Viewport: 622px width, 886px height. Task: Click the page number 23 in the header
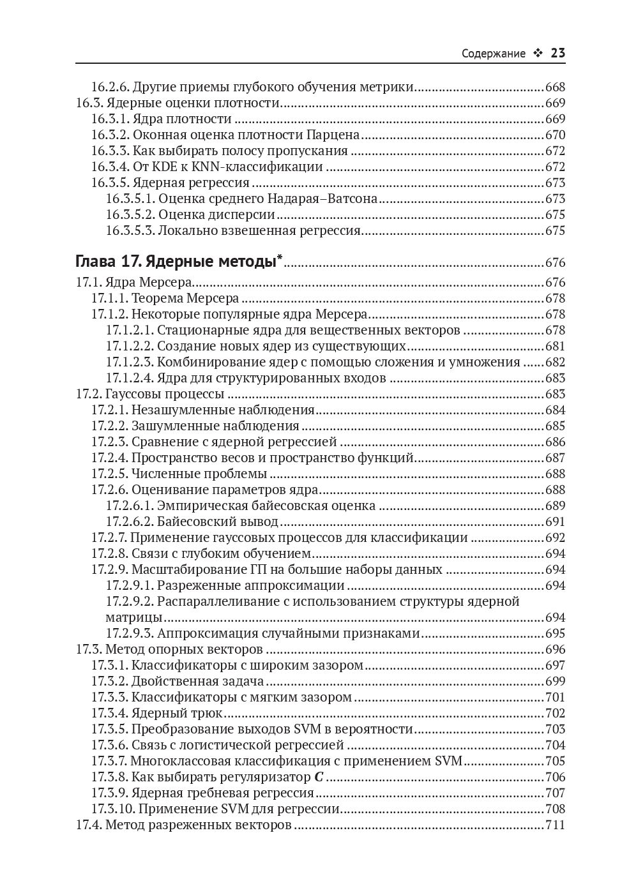pos(558,53)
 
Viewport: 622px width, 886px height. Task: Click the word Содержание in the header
pos(494,54)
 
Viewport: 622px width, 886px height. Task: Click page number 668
pos(555,87)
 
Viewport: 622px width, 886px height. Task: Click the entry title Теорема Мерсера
pos(185,298)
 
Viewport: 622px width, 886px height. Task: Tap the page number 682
pos(555,362)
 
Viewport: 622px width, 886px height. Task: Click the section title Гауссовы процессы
pos(164,394)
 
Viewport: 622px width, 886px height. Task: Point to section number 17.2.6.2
pos(130,522)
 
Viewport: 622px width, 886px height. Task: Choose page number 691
pos(555,522)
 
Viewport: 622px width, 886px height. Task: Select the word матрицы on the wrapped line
pos(133,617)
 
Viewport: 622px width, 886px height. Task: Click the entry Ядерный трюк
pos(177,713)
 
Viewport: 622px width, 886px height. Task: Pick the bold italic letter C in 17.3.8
pos(319,777)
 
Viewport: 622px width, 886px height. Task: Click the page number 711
pos(555,825)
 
